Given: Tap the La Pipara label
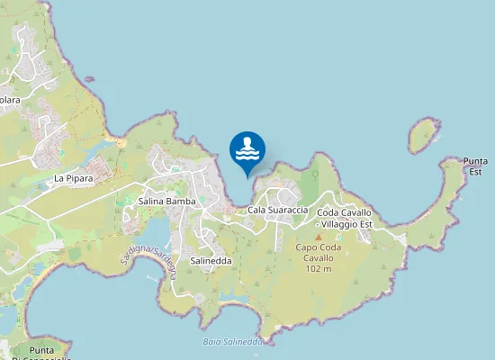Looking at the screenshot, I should pyautogui.click(x=74, y=178).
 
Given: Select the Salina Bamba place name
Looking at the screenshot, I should pyautogui.click(x=167, y=202).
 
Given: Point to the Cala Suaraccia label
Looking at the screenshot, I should pyautogui.click(x=278, y=210).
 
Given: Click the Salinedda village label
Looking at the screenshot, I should pyautogui.click(x=211, y=260).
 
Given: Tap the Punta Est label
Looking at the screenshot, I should pyautogui.click(x=474, y=166).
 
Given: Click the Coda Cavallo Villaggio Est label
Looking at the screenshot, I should pyautogui.click(x=345, y=218).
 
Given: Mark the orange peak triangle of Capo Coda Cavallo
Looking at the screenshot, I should pyautogui.click(x=318, y=237).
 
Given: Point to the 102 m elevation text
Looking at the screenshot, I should pyautogui.click(x=318, y=268).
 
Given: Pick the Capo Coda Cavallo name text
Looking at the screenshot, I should pyautogui.click(x=318, y=252).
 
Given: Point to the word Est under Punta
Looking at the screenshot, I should pyautogui.click(x=474, y=171).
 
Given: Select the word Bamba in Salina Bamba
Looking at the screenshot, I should pyautogui.click(x=182, y=202).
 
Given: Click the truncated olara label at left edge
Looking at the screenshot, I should pyautogui.click(x=10, y=100).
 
